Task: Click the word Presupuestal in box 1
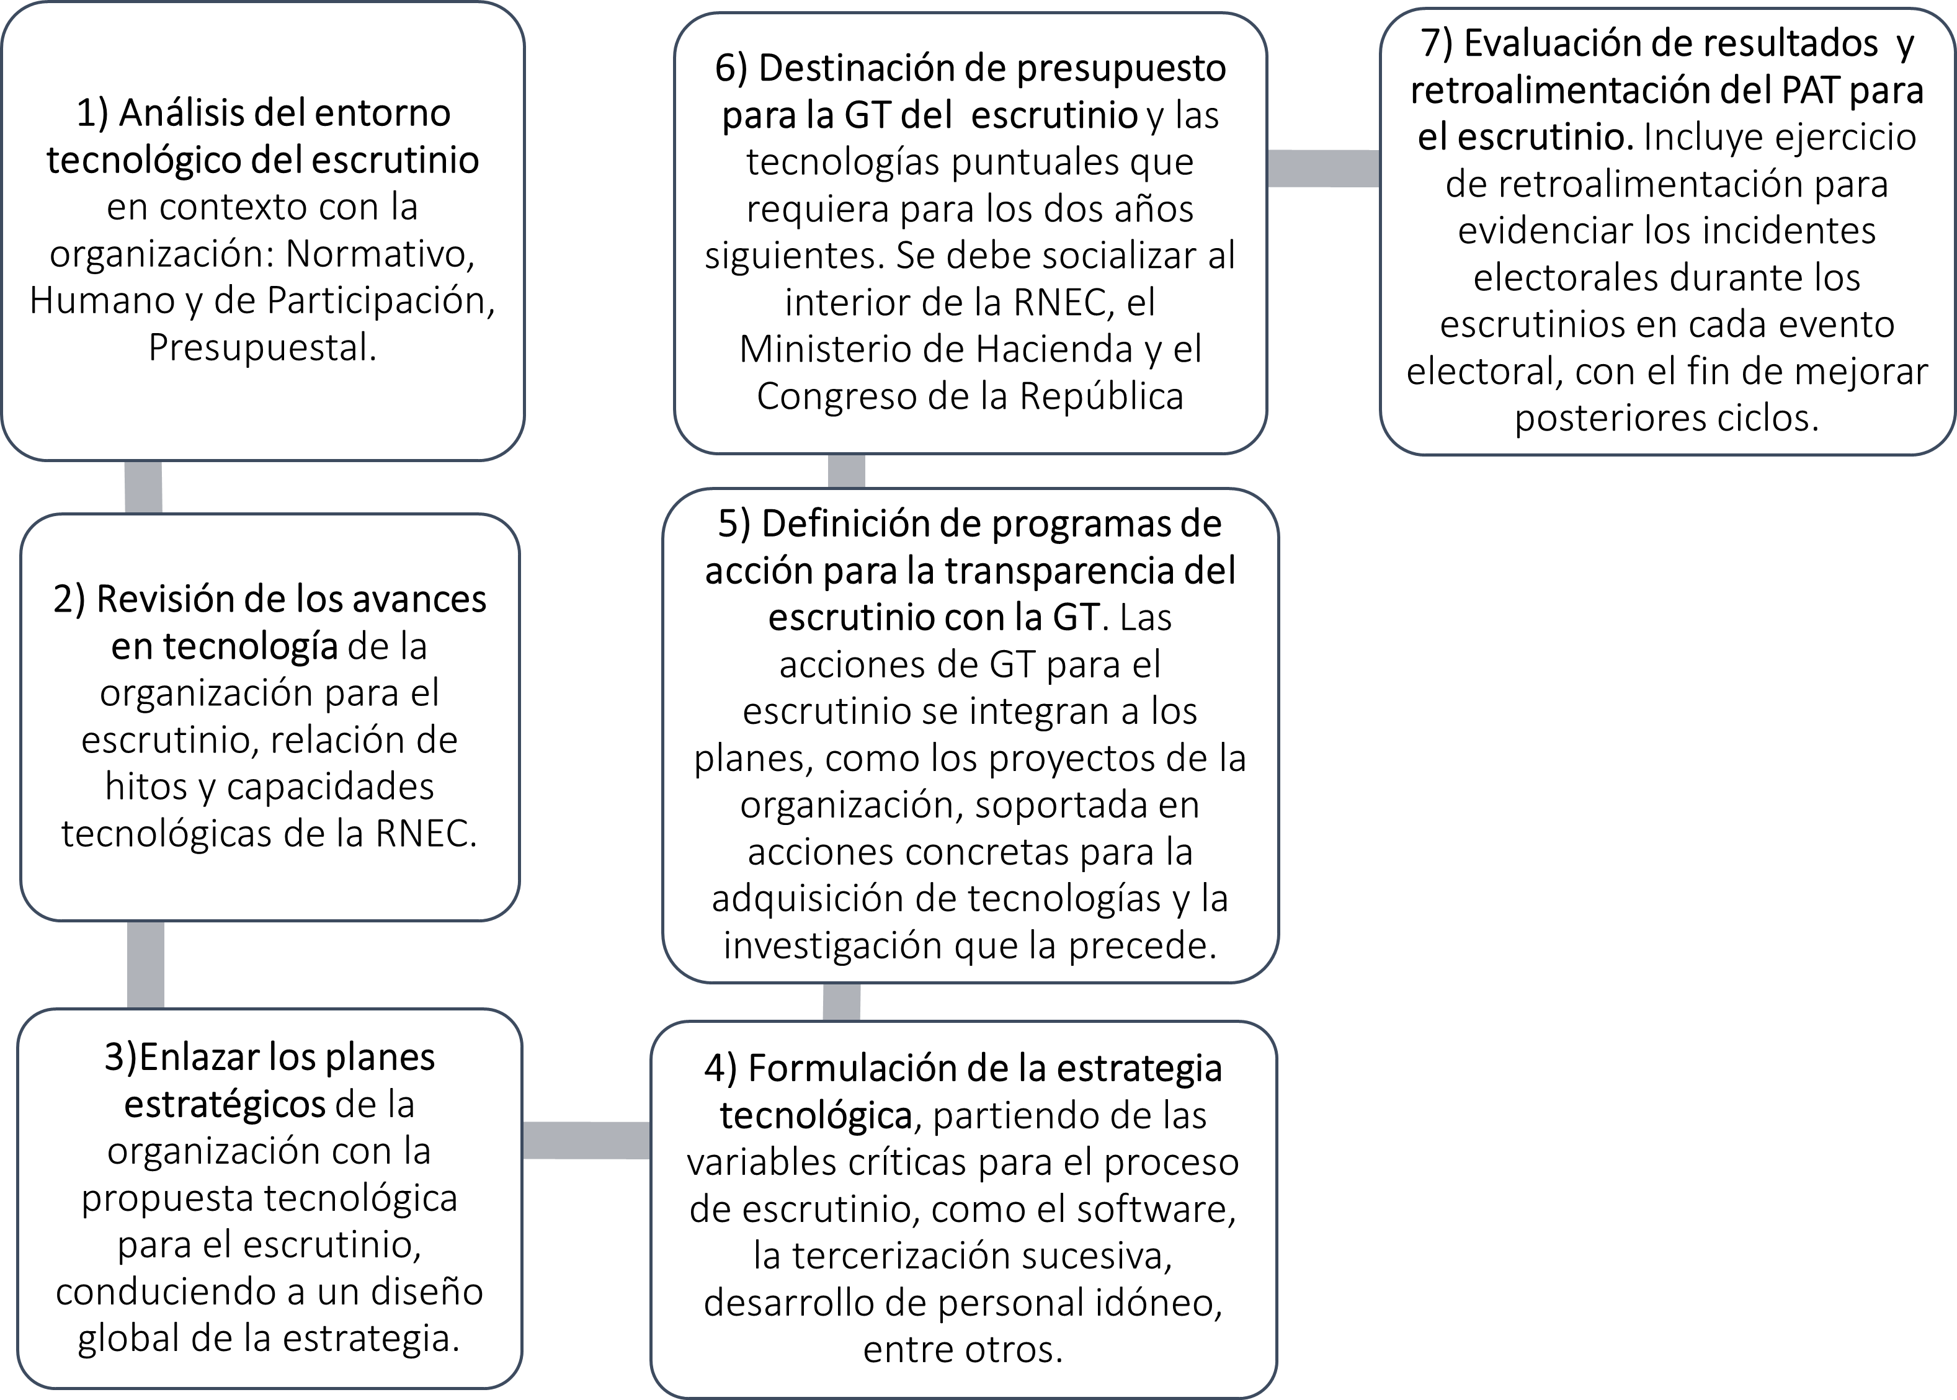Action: pos(263,347)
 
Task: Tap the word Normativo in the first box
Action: pos(380,254)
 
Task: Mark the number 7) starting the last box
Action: pos(1438,43)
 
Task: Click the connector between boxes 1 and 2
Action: pos(143,487)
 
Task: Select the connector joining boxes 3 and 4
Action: pos(586,1139)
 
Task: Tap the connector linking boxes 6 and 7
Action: pos(1322,167)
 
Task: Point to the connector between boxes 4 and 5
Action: pos(842,1002)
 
